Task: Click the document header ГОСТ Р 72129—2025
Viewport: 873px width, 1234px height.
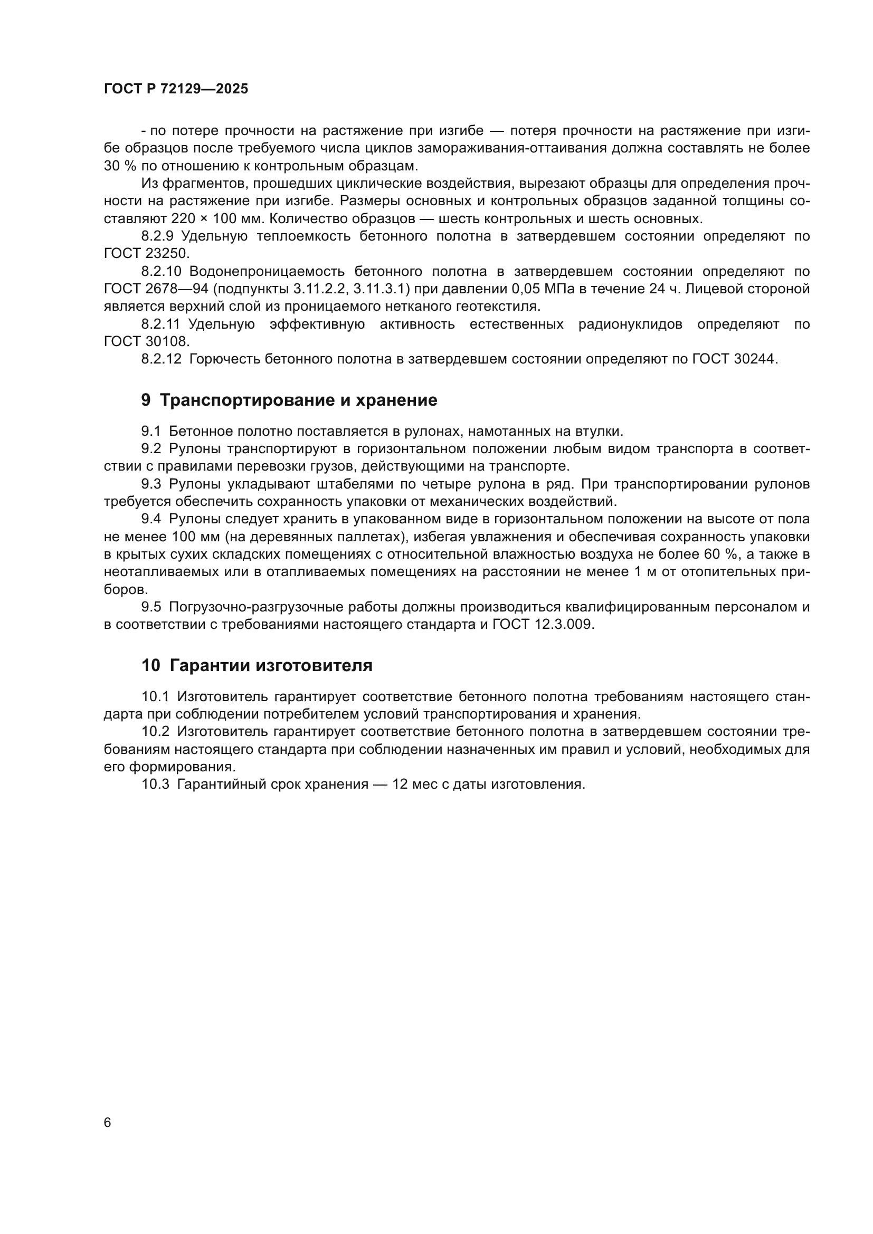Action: tap(176, 89)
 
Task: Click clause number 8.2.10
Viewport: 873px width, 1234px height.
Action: tap(162, 271)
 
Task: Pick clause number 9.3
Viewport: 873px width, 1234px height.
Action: tap(151, 484)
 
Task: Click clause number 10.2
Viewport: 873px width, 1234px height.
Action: tap(155, 731)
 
